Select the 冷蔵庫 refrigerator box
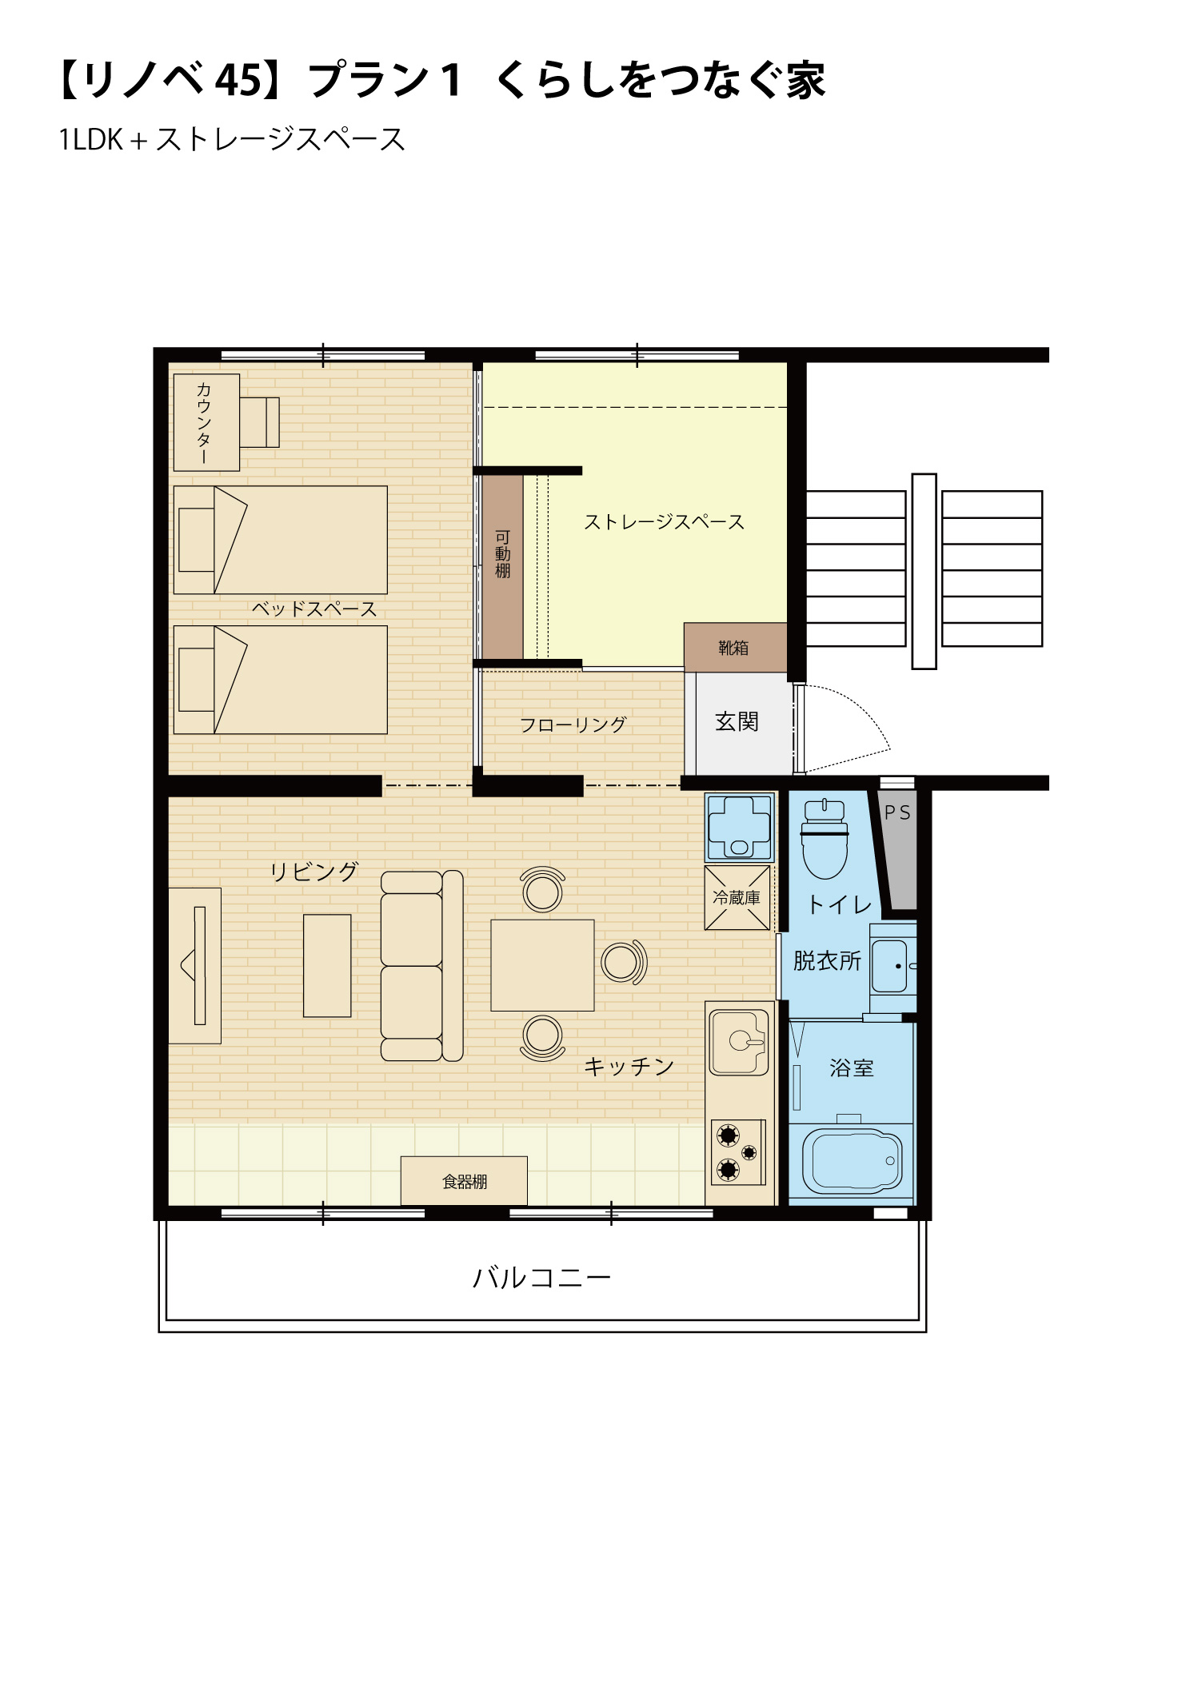pyautogui.click(x=737, y=898)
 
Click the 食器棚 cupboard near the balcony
pyautogui.click(x=464, y=1181)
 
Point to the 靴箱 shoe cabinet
pyautogui.click(x=735, y=648)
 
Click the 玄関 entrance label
pyautogui.click(x=737, y=722)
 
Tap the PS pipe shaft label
pyautogui.click(x=897, y=813)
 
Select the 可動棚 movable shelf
pyautogui.click(x=502, y=566)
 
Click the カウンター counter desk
pyautogui.click(x=206, y=422)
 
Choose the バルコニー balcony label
pyautogui.click(x=541, y=1278)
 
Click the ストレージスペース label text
pyautogui.click(x=664, y=522)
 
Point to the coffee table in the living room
pyautogui.click(x=327, y=966)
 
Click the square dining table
pyautogui.click(x=542, y=965)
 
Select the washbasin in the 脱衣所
pyautogui.click(x=891, y=966)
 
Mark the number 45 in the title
pyautogui.click(x=239, y=80)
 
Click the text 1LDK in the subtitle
pyautogui.click(x=91, y=140)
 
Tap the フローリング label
pyautogui.click(x=573, y=725)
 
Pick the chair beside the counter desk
pyautogui.click(x=259, y=422)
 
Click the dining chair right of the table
pyautogui.click(x=624, y=962)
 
